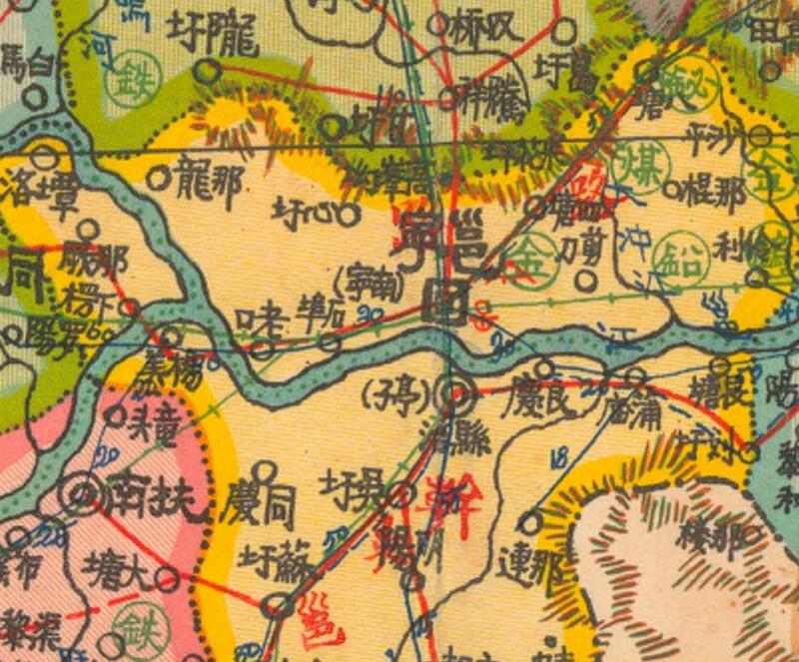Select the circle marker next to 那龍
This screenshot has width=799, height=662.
pyautogui.click(x=158, y=179)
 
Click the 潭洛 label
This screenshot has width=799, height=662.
pyautogui.click(x=34, y=189)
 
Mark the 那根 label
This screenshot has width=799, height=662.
pyautogui.click(x=713, y=192)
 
